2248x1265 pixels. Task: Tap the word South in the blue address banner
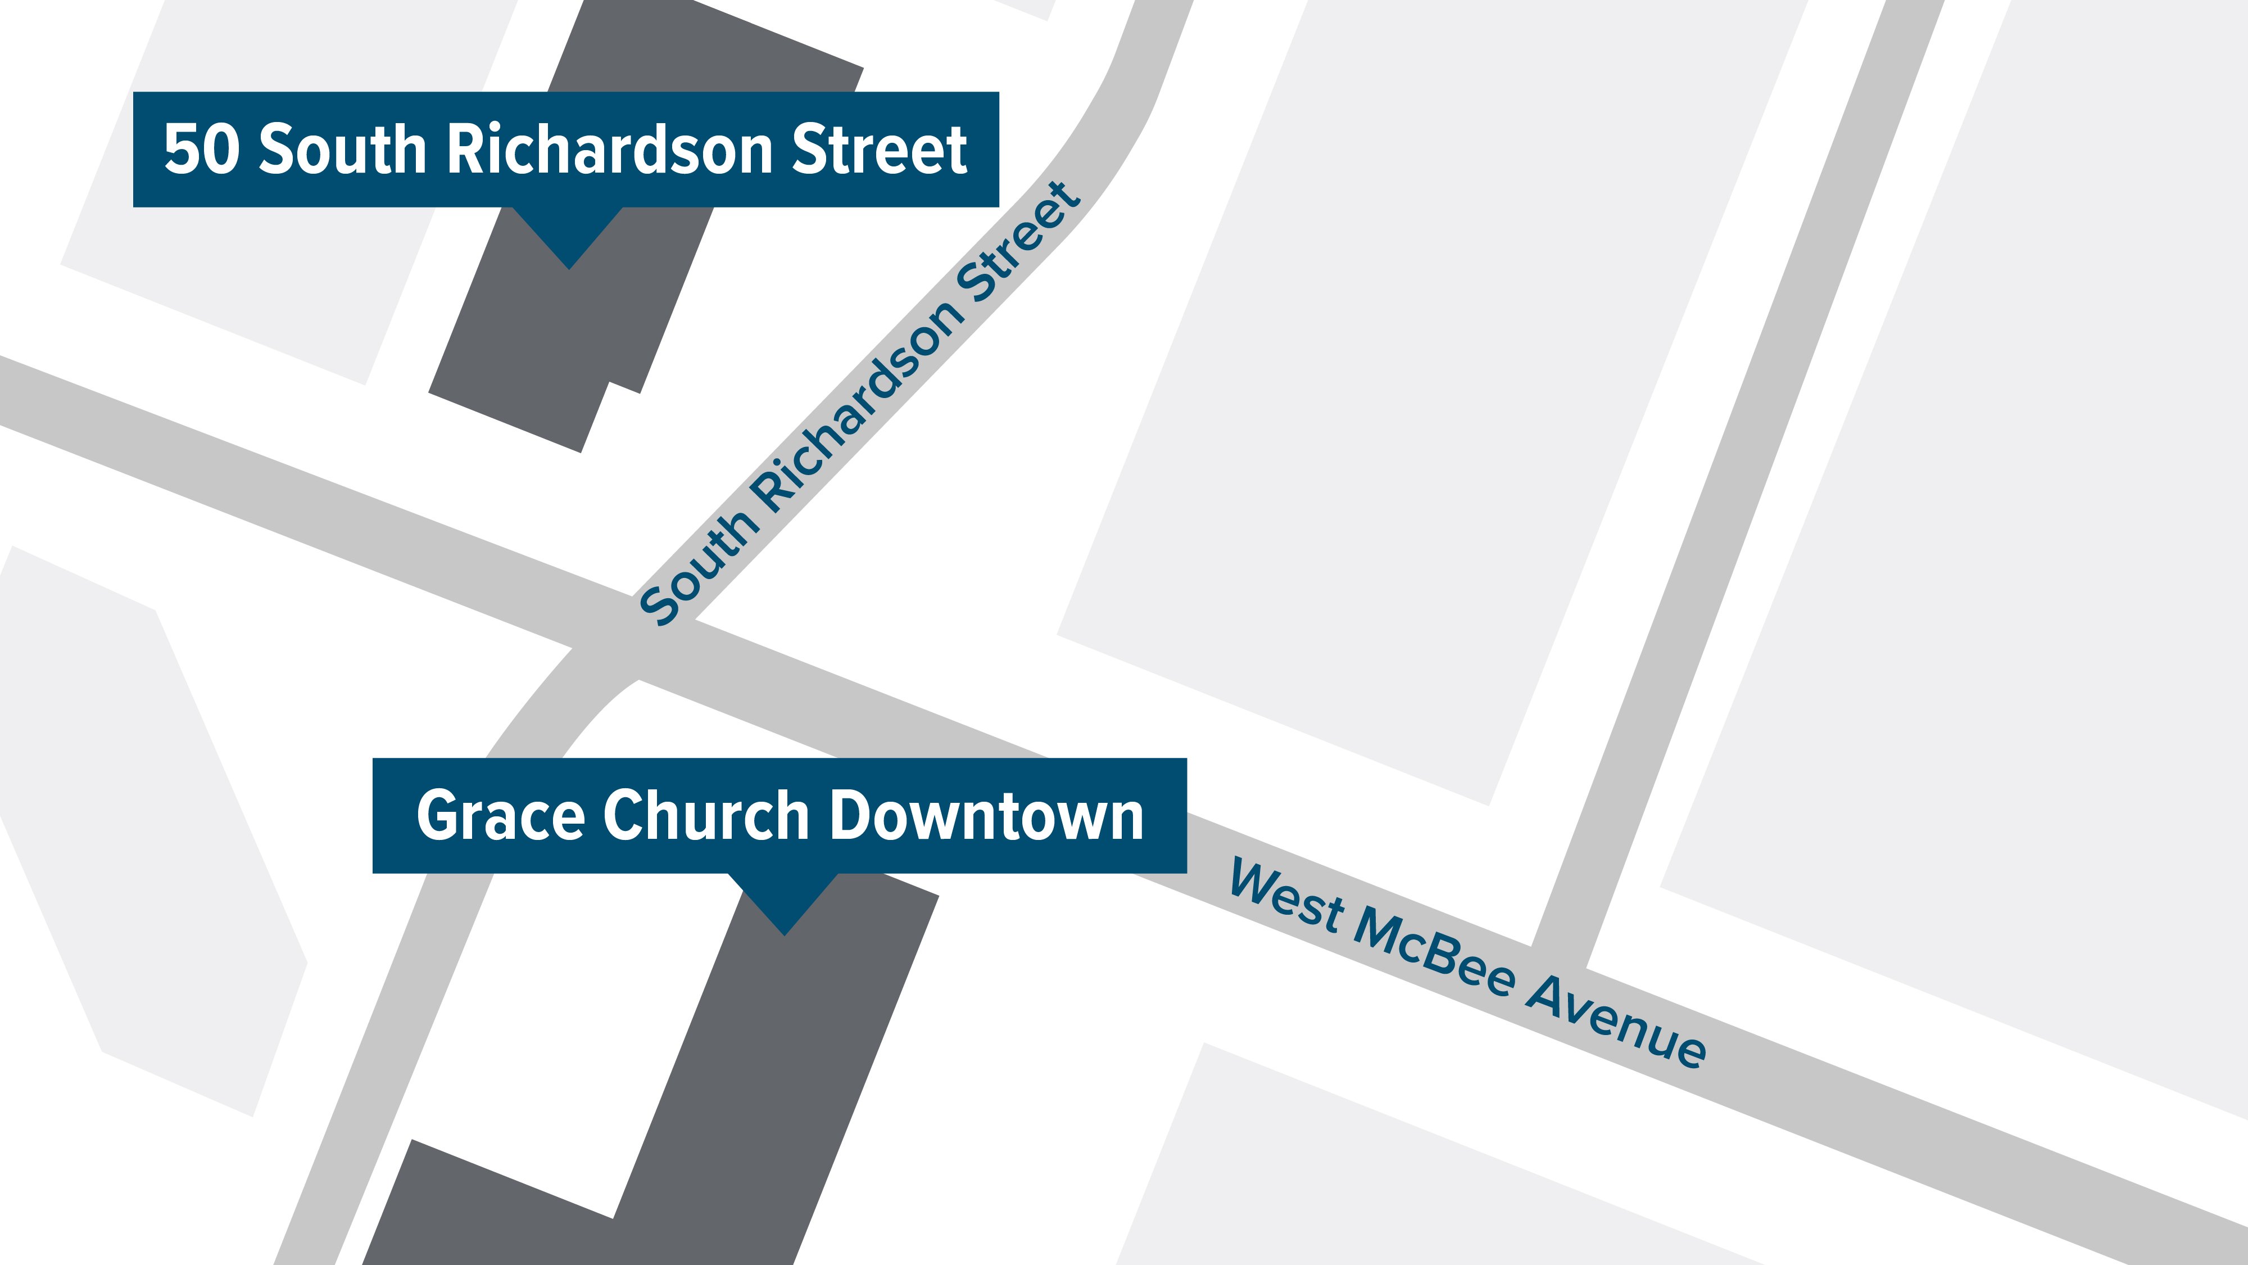tap(341, 150)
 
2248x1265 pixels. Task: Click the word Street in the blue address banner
tap(879, 150)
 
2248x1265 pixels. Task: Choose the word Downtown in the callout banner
tap(986, 815)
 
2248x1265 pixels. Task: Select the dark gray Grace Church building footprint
tap(768, 1091)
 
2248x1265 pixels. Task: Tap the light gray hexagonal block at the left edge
tap(148, 829)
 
